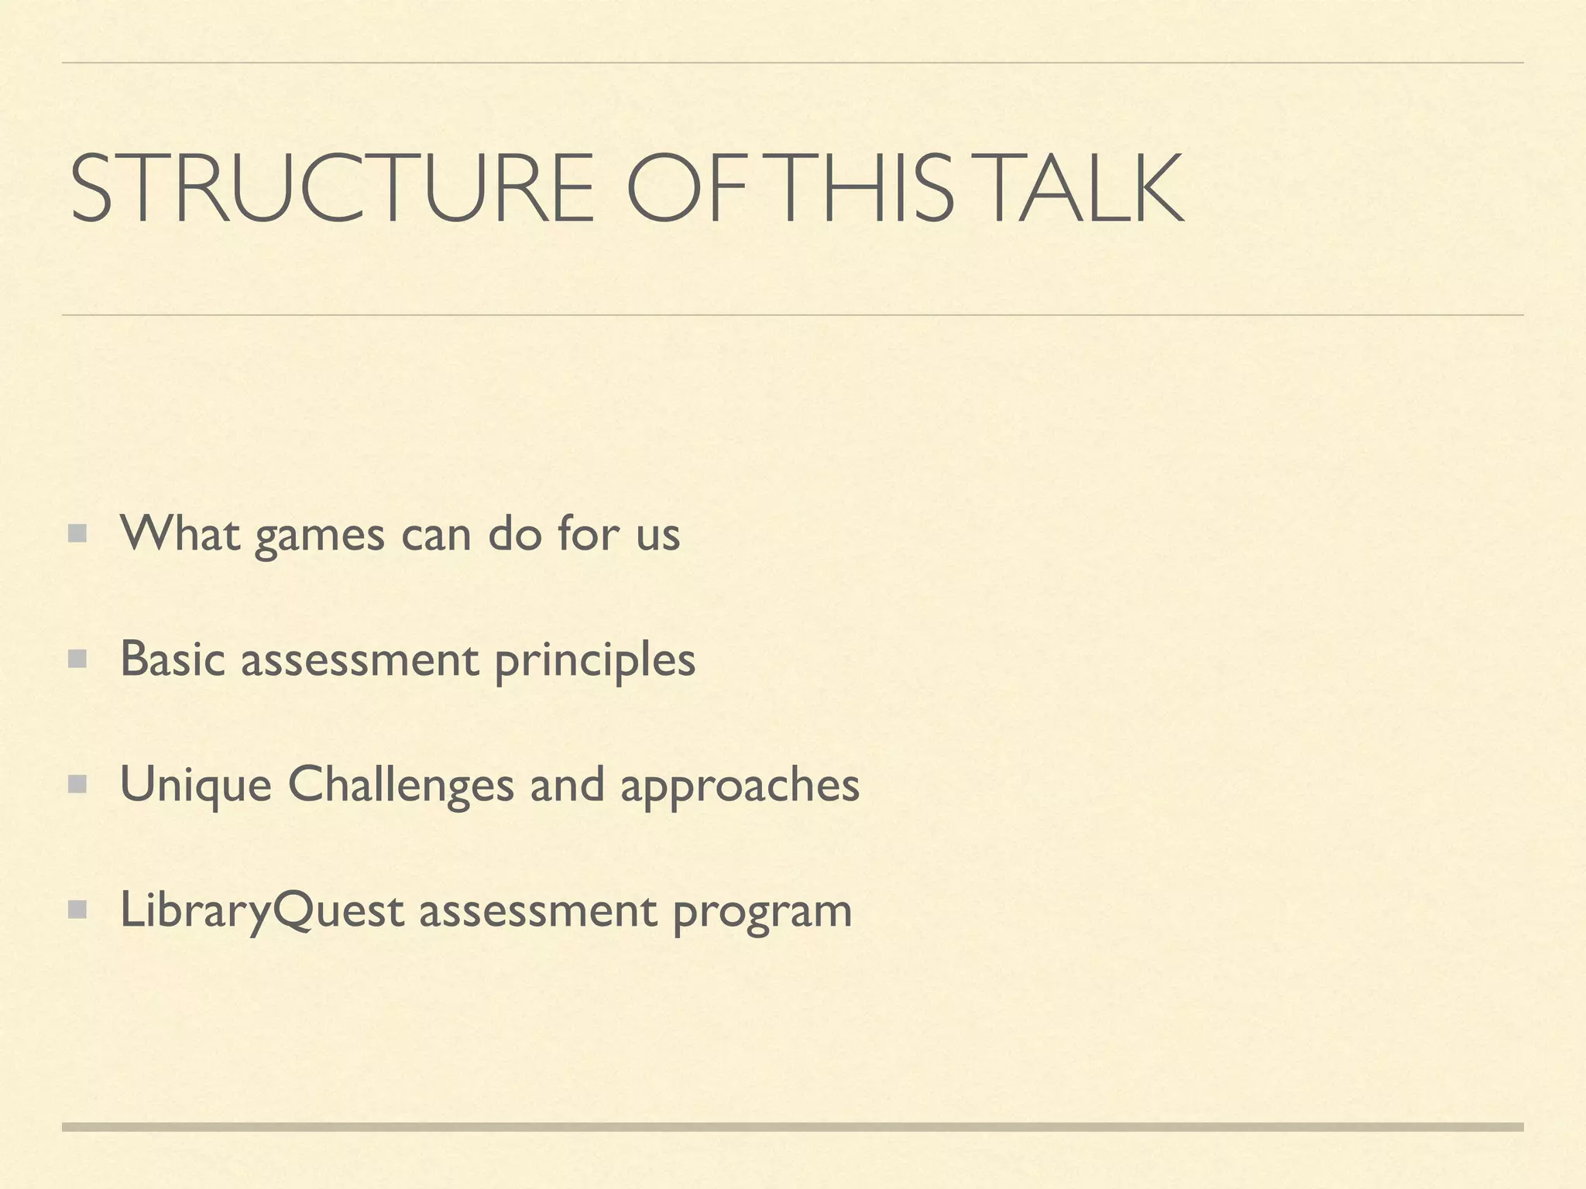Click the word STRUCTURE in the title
[x=331, y=188]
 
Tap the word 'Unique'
[x=196, y=785]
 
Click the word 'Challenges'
[x=400, y=785]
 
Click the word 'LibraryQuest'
[x=262, y=910]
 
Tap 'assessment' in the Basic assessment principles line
[x=359, y=660]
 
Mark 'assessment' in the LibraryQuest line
[x=537, y=911]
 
